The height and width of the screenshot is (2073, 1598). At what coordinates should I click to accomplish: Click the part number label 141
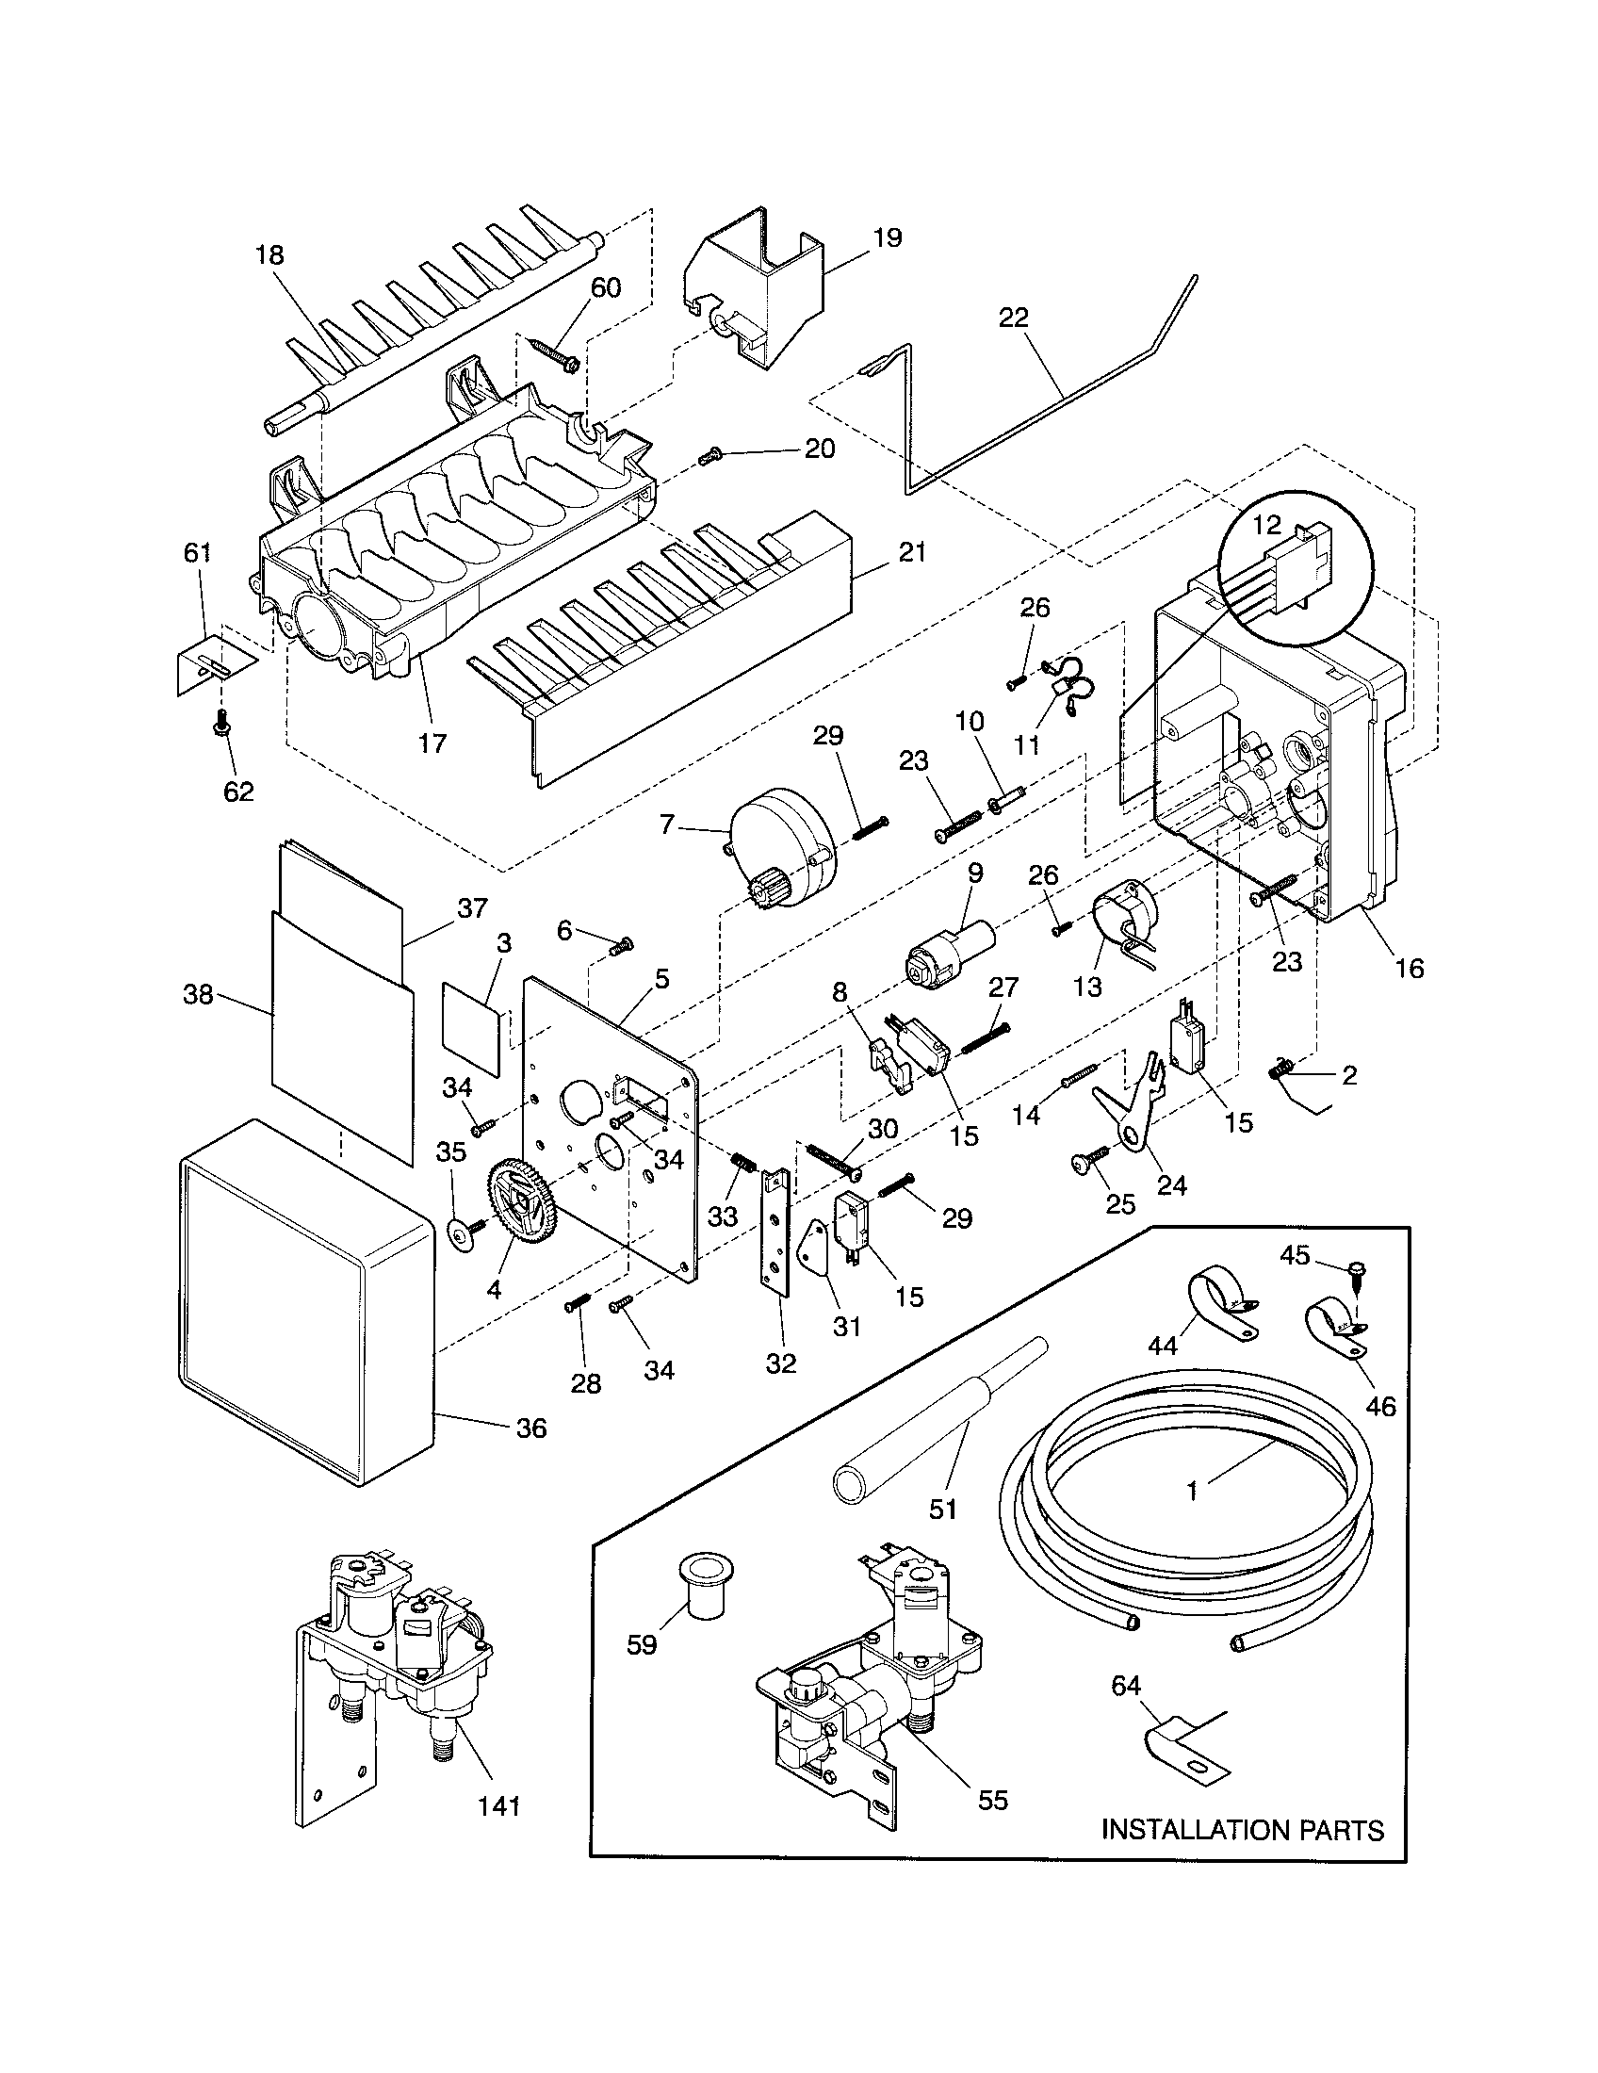point(499,1805)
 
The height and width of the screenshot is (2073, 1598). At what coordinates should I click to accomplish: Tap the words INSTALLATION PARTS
point(1242,1829)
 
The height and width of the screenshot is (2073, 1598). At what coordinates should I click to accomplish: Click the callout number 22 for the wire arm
point(1014,317)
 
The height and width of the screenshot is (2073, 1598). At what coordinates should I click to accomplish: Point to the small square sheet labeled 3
point(472,1028)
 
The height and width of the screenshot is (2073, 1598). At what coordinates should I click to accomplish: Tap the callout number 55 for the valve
point(992,1800)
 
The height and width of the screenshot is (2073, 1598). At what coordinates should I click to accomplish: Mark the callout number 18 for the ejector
point(269,255)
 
